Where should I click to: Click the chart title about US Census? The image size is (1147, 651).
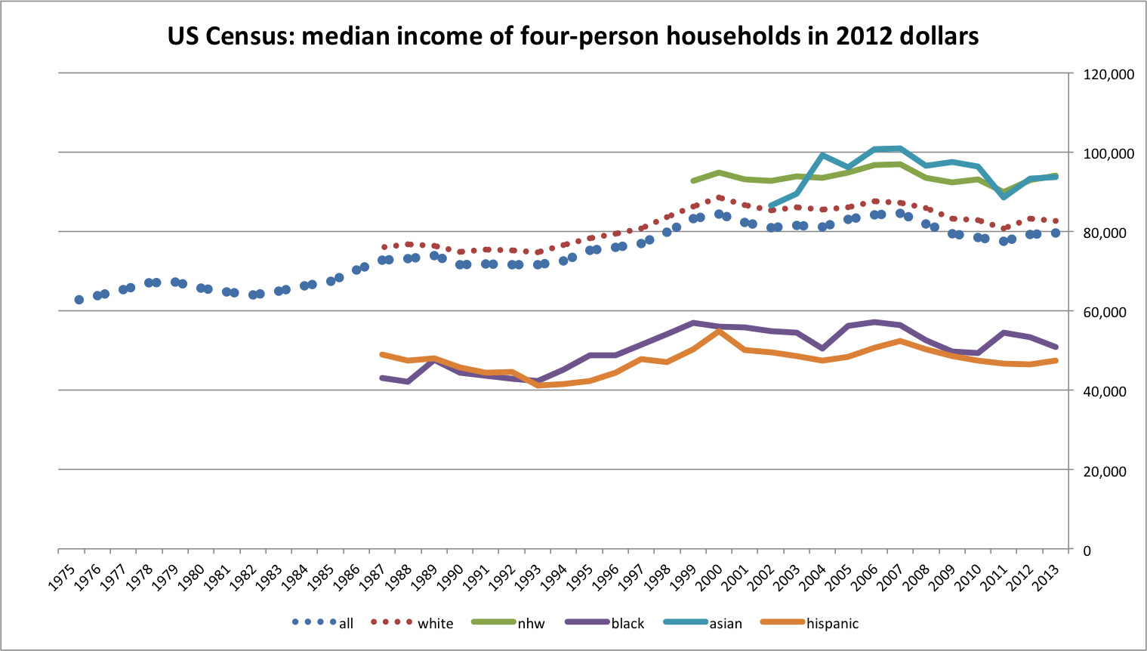573,35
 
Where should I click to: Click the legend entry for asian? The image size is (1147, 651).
725,624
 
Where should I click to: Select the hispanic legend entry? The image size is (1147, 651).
832,624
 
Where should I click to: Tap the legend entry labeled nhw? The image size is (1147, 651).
531,624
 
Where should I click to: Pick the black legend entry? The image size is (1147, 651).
627,624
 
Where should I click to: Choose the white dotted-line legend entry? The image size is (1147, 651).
435,624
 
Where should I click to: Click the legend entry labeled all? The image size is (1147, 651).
346,624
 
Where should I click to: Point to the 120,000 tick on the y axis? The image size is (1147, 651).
1108,74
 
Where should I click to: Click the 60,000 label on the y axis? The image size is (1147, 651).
1108,312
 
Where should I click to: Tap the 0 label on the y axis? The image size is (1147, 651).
1087,551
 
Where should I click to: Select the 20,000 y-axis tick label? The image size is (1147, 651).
1108,471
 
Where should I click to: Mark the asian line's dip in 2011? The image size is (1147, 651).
1003,196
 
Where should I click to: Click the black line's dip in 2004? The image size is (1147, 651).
822,348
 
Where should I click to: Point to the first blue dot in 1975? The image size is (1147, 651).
79,300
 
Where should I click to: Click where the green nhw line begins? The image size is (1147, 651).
692,181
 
